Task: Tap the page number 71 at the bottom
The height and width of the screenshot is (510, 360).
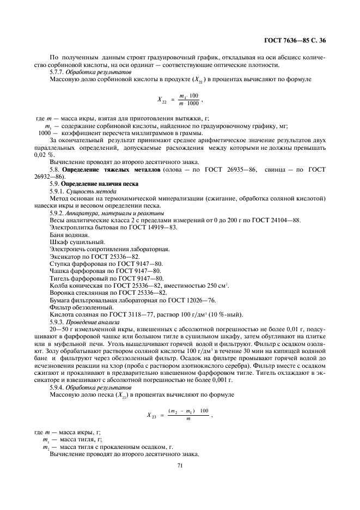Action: click(x=180, y=466)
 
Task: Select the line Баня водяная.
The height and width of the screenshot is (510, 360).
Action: click(x=69, y=234)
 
